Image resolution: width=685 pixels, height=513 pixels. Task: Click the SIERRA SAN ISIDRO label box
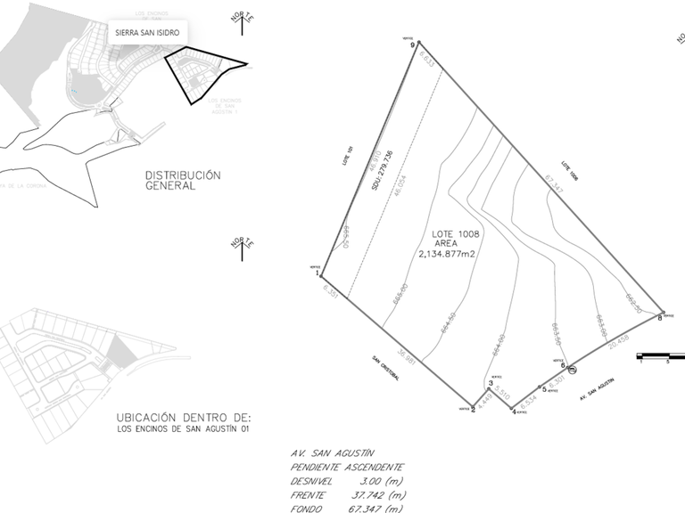pos(147,32)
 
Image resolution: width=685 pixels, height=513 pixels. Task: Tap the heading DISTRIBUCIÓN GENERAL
pos(182,181)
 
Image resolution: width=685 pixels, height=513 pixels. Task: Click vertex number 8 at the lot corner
pos(662,312)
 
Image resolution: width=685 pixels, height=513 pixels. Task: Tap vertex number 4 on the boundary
pos(514,409)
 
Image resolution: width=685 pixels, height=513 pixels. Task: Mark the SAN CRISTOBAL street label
pos(386,369)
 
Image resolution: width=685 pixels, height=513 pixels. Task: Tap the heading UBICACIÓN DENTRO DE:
pos(184,417)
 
